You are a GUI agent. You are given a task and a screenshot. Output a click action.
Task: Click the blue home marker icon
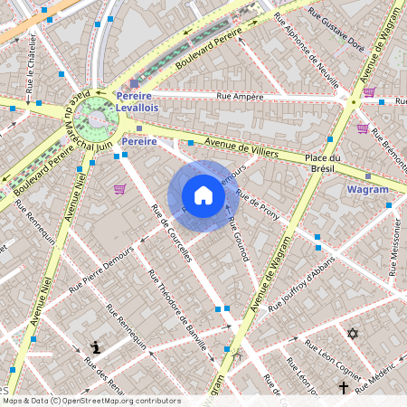(x=203, y=195)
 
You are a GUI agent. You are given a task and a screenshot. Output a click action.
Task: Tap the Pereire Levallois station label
(x=150, y=101)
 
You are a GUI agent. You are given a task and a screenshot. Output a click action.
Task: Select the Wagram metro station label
(x=367, y=190)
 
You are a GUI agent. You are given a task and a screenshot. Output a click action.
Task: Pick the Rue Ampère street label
(x=240, y=96)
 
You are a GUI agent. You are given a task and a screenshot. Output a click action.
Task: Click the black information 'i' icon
(x=97, y=346)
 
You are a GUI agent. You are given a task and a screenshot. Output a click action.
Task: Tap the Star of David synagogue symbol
(x=353, y=334)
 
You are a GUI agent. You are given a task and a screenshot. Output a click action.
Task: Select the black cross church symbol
(x=344, y=388)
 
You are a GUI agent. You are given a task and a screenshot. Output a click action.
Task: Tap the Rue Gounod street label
(x=238, y=240)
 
